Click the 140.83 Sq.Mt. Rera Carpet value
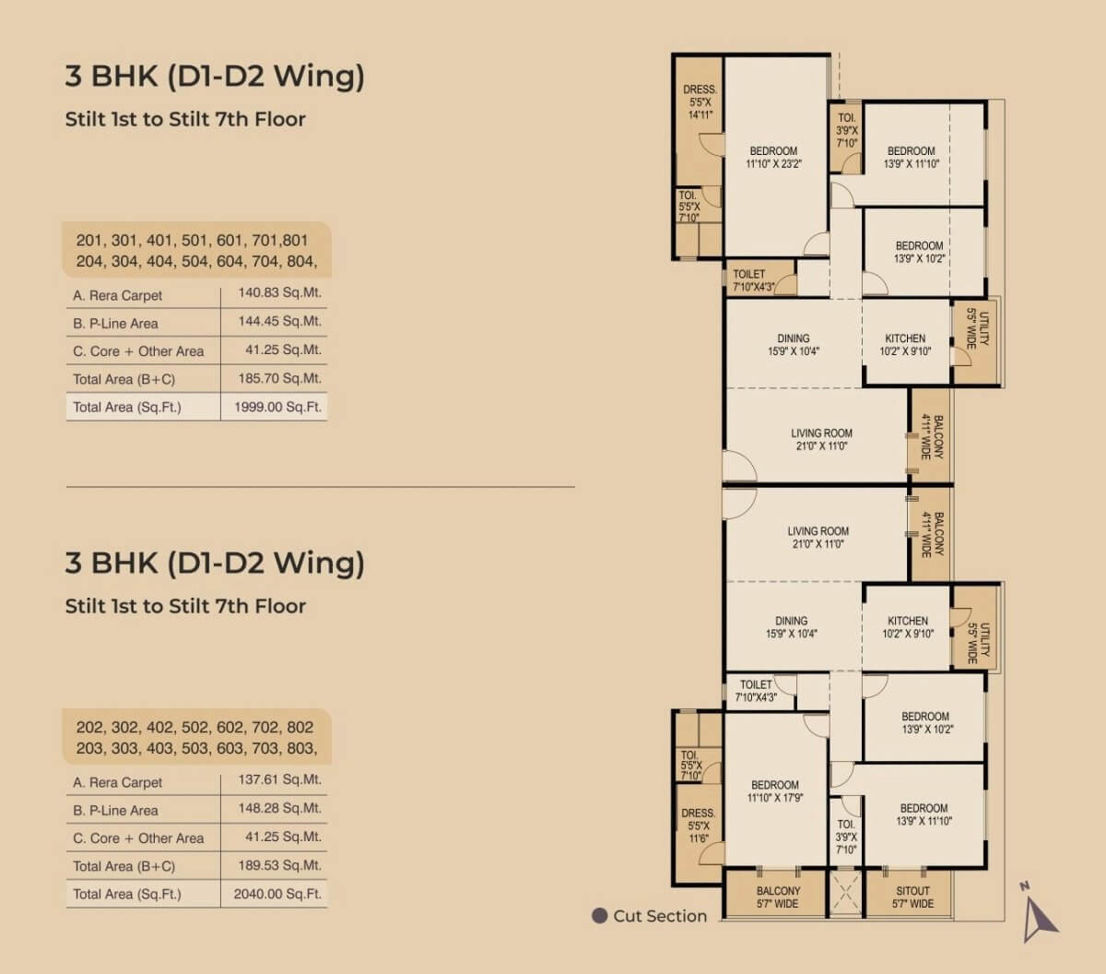pyautogui.click(x=279, y=292)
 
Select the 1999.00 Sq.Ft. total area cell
pyautogui.click(x=277, y=407)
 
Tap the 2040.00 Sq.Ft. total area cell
pyautogui.click(x=277, y=894)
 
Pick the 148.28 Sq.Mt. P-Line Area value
pyautogui.click(x=279, y=808)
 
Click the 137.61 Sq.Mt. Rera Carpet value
pyautogui.click(x=279, y=779)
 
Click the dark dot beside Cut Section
pyautogui.click(x=600, y=916)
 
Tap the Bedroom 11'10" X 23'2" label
pyautogui.click(x=773, y=158)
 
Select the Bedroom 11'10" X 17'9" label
pyautogui.click(x=775, y=791)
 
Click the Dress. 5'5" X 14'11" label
pyautogui.click(x=700, y=102)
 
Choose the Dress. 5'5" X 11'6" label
pyautogui.click(x=699, y=826)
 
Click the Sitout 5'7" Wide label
pyautogui.click(x=912, y=897)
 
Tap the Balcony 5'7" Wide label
pyautogui.click(x=778, y=897)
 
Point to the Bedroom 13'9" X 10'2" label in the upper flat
pyautogui.click(x=919, y=252)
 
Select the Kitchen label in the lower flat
pyautogui.click(x=908, y=621)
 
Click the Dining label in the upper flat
pyautogui.click(x=794, y=339)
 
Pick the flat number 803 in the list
pyautogui.click(x=302, y=748)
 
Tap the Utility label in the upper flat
pyautogui.click(x=983, y=329)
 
